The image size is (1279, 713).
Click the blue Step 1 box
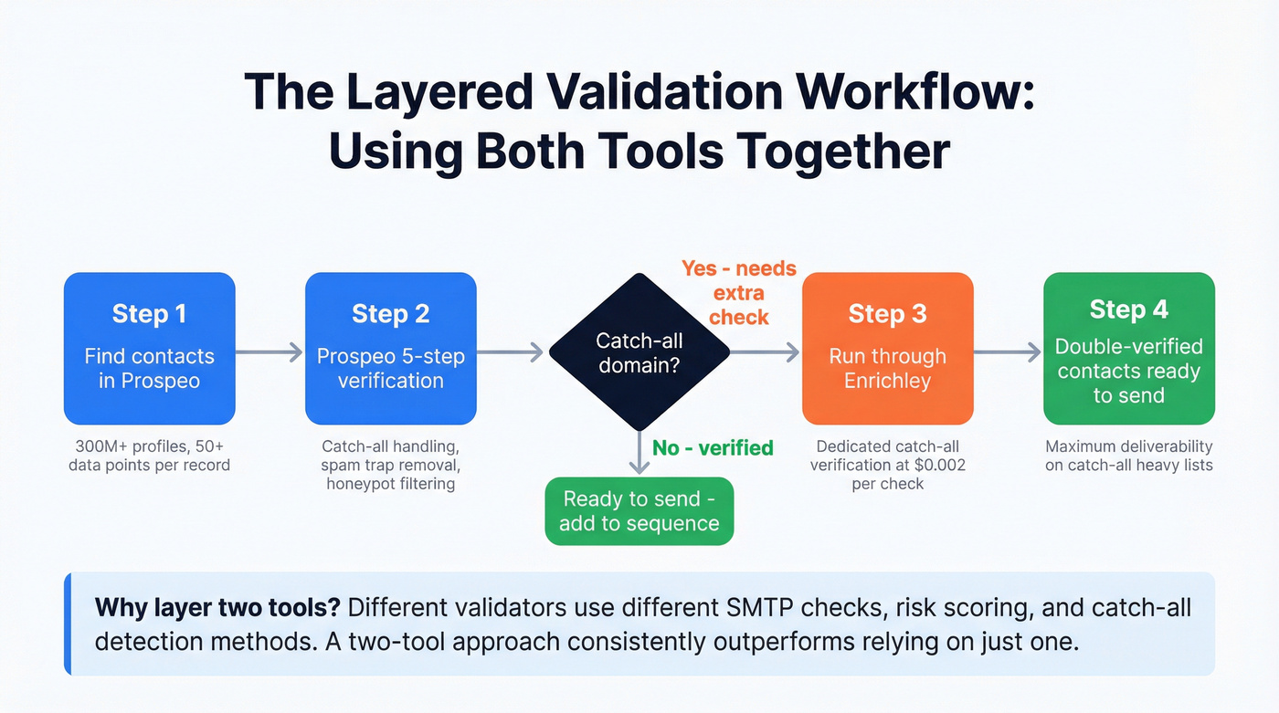(x=149, y=348)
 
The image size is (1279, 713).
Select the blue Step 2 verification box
(x=390, y=348)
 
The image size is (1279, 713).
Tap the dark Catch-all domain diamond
(x=639, y=352)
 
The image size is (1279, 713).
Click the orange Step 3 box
(x=887, y=348)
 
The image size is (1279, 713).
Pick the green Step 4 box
(x=1128, y=348)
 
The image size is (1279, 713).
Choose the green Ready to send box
(x=639, y=511)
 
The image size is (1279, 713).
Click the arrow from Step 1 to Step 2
(x=270, y=351)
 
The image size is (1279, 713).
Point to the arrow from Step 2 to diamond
(x=512, y=351)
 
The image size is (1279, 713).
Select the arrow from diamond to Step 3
(x=766, y=351)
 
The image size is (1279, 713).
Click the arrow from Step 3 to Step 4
(x=1008, y=351)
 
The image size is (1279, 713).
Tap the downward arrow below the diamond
(x=639, y=453)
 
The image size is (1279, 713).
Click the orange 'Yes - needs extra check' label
(x=738, y=293)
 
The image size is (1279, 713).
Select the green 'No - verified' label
(x=713, y=447)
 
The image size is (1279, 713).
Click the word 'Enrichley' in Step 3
(x=887, y=381)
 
